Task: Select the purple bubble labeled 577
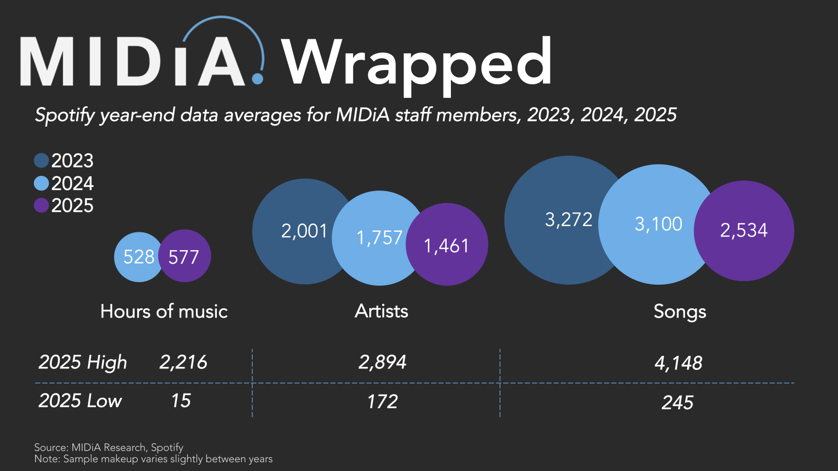pos(185,256)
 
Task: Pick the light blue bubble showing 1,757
pos(378,238)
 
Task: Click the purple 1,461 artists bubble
pos(448,245)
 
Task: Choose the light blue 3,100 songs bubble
pos(658,224)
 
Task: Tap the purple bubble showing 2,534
pos(744,230)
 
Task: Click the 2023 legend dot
pos(41,160)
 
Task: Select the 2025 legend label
pos(72,206)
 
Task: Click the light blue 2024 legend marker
pos(41,183)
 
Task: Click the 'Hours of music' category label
pos(164,311)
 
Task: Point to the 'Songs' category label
pos(680,311)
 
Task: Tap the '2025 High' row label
pos(83,362)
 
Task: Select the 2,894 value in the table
pos(382,362)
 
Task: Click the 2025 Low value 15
pos(181,401)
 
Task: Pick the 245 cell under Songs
pos(677,402)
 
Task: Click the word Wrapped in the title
pos(416,63)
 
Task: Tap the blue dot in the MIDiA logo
pos(257,78)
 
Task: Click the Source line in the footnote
pos(109,447)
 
